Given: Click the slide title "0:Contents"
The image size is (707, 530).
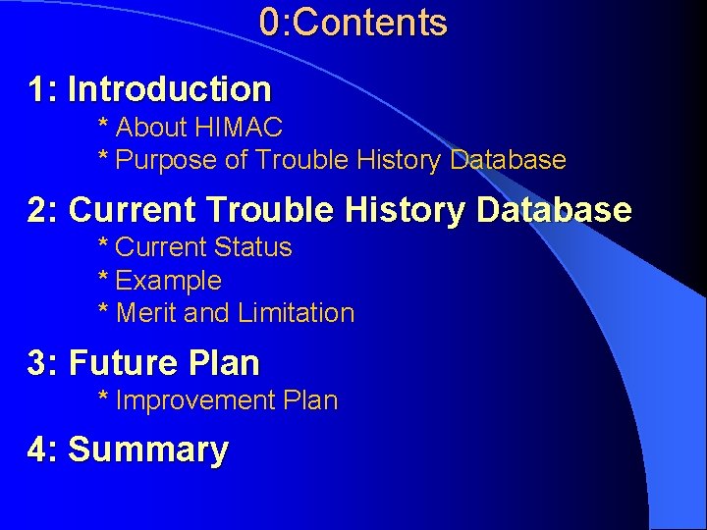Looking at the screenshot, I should point(353,23).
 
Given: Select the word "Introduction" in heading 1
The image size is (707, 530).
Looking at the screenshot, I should point(169,89).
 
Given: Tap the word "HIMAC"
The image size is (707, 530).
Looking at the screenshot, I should point(240,128).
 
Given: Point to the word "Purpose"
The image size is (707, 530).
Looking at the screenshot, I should point(167,160).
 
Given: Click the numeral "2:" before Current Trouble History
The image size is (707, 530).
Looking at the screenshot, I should point(44,210).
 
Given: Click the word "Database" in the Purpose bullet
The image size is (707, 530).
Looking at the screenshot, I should point(508,160).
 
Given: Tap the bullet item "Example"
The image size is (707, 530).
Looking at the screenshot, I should point(168,281).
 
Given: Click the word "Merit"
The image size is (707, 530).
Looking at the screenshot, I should point(146,313).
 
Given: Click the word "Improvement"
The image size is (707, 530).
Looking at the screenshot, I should point(195,400).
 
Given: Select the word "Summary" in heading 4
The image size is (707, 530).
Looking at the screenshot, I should point(148,450).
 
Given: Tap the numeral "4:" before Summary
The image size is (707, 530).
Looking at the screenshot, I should point(44,450).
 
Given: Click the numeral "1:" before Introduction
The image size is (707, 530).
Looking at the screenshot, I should point(44,89).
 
